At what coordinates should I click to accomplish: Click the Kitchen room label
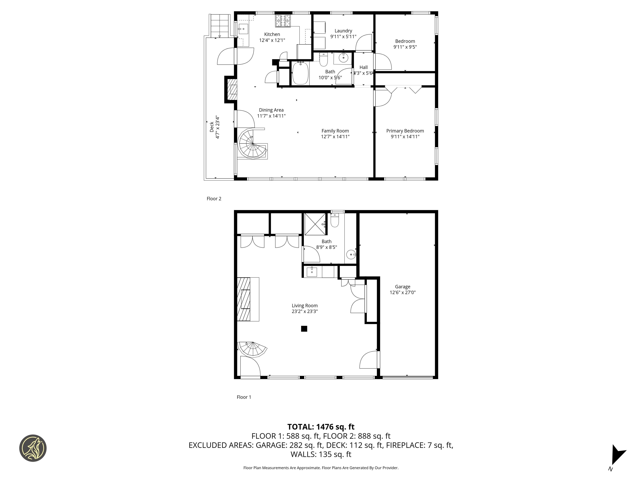click(x=272, y=34)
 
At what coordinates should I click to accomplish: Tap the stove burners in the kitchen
click(x=283, y=21)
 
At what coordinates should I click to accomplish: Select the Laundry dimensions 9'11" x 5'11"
click(x=343, y=37)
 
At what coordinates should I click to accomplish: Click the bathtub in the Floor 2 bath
click(x=300, y=74)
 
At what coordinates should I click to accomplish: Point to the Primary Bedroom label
click(x=405, y=131)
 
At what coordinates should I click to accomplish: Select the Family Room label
click(x=335, y=131)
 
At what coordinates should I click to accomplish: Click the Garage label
click(x=402, y=286)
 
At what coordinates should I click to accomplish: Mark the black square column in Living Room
click(x=304, y=328)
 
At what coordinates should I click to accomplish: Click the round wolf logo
click(x=33, y=448)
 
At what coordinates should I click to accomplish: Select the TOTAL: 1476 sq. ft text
click(x=321, y=427)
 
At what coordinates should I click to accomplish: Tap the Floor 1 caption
click(x=244, y=397)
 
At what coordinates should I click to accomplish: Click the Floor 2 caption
click(x=214, y=199)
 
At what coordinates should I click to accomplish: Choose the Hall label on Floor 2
click(x=363, y=67)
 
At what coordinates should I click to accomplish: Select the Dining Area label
click(x=271, y=110)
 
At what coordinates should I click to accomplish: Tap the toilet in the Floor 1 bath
click(x=335, y=221)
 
